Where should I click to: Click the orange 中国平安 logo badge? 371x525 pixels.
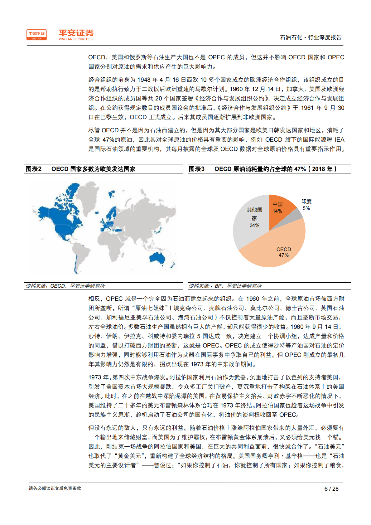click(36, 35)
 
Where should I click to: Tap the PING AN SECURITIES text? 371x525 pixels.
click(75, 39)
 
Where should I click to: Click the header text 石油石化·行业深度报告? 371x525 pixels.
click(311, 37)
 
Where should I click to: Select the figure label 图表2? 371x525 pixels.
click(33, 169)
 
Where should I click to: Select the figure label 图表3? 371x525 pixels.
click(196, 169)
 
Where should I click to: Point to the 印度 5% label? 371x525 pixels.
click(306, 205)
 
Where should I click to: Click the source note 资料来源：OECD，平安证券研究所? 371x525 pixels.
click(65, 286)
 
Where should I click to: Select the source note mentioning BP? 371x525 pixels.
click(225, 286)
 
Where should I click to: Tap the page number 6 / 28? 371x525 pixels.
click(331, 489)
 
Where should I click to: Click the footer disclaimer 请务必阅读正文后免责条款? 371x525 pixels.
click(55, 488)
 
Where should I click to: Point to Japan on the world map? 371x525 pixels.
click(159, 230)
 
